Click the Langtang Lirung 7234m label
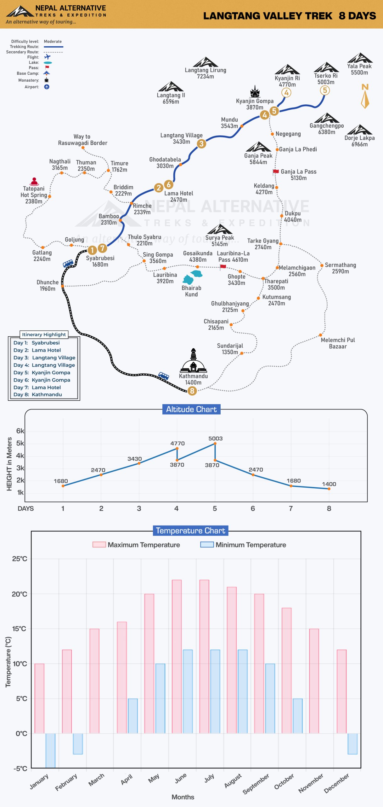[206, 73]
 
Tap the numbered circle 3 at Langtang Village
[201, 144]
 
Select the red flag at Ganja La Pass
[276, 171]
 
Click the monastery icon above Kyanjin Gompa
[255, 91]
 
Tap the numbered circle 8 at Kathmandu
[192, 391]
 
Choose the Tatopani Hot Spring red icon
[34, 182]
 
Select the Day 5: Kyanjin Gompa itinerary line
[42, 372]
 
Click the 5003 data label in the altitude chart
[215, 438]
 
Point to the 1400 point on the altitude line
[329, 489]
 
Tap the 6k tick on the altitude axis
[20, 431]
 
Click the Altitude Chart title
[191, 409]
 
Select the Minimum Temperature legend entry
[243, 545]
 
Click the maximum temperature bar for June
[177, 656]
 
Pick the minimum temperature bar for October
[298, 716]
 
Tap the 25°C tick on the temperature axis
[20, 559]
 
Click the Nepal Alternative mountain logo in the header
[20, 11]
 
